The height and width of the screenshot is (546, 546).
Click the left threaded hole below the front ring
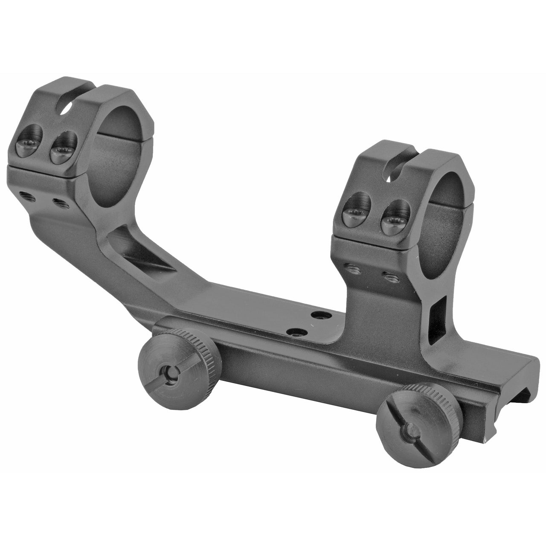click(352, 267)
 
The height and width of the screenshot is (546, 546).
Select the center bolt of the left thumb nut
click(170, 374)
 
